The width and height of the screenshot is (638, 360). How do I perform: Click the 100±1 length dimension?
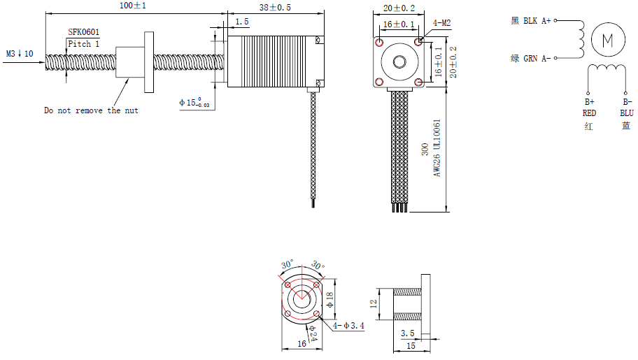[x=134, y=6]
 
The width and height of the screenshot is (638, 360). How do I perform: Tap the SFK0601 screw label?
[x=84, y=32]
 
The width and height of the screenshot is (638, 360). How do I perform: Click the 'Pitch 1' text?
[x=84, y=44]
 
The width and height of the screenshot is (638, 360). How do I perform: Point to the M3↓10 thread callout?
[x=20, y=54]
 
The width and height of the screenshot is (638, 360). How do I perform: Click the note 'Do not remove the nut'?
[x=91, y=110]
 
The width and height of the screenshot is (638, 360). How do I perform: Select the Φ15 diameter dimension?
[x=194, y=103]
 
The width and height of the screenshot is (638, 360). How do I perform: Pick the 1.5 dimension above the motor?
[x=241, y=22]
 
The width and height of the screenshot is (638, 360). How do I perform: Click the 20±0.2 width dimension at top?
[x=399, y=8]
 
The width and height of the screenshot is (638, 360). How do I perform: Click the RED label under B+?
[x=589, y=113]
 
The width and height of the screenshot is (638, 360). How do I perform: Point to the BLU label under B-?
[x=626, y=113]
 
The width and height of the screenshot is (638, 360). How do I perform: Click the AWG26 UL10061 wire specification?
[x=437, y=147]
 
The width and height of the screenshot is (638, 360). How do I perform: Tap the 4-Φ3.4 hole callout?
[x=349, y=325]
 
